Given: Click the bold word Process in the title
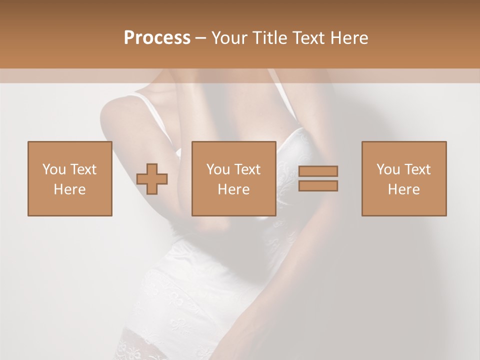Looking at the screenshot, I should coord(157,38).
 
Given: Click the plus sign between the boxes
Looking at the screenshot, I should coord(152,178).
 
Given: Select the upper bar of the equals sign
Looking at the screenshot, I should coord(318,171).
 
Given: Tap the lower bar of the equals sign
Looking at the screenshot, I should coord(318,185).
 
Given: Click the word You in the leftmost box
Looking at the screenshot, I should coord(53,169).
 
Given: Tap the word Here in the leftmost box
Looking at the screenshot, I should coord(70,189).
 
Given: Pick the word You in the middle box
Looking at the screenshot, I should coord(217,169).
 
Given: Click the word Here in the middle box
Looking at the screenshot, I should coord(234,189).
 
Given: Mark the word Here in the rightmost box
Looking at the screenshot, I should coord(404,189).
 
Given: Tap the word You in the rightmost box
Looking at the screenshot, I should coord(387,169).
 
